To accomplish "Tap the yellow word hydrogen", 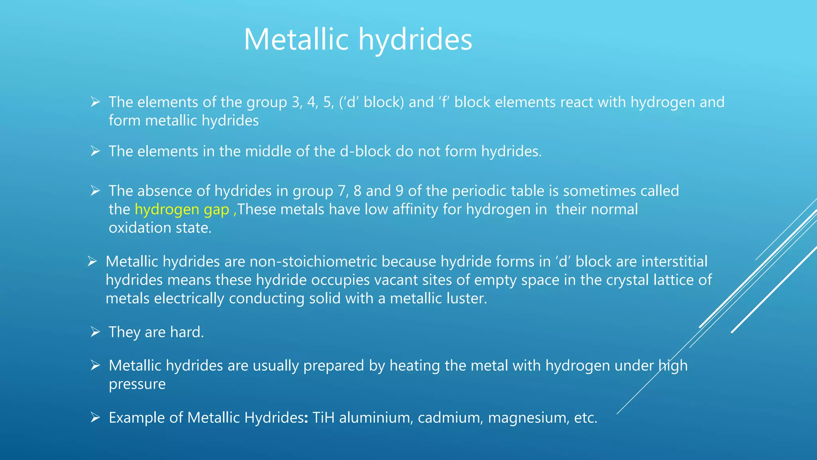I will [x=167, y=209].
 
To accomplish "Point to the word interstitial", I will [x=675, y=262].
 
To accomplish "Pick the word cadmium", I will [x=450, y=418].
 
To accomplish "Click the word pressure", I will [x=137, y=384].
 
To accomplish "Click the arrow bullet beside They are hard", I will [x=95, y=332].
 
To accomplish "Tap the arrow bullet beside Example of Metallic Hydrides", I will [x=95, y=418].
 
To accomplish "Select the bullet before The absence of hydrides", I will [x=95, y=191].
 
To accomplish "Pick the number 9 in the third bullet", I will [x=399, y=191].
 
